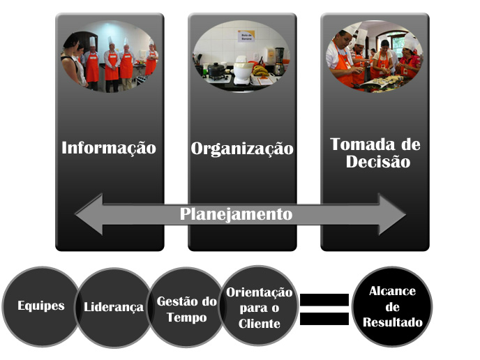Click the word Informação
[x=109, y=148]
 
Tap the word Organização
[x=242, y=149]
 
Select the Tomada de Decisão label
[x=375, y=153]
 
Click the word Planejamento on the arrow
[x=236, y=214]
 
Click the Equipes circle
[x=40, y=306]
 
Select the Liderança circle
[x=113, y=307]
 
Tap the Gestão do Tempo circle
[x=186, y=309]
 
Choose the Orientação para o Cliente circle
[x=259, y=308]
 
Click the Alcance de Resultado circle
[x=391, y=307]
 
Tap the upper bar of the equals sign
[x=324, y=300]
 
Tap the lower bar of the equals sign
[x=324, y=318]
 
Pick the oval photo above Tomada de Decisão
[x=375, y=57]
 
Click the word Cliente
[x=259, y=324]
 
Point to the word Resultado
[x=391, y=323]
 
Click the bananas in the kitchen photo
[x=260, y=70]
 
